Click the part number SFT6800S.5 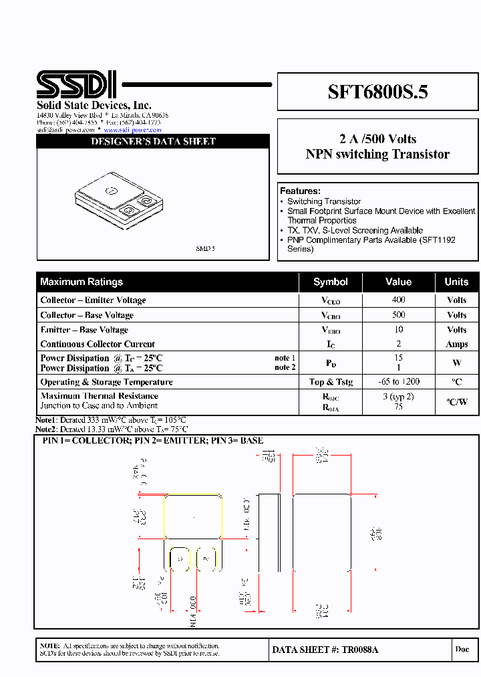click(377, 92)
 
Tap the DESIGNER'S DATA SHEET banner click(153, 141)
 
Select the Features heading click(300, 191)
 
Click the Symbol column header click(331, 282)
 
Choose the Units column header click(457, 282)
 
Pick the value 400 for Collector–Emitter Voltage click(398, 300)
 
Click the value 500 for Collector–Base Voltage click(398, 315)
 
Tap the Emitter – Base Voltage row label click(84, 330)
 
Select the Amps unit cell click(457, 344)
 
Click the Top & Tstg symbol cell click(331, 382)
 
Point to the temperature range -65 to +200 click(398, 382)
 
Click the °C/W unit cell click(457, 401)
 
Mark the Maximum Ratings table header click(82, 282)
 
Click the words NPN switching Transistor click(377, 155)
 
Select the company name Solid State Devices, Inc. click(94, 106)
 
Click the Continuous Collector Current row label click(98, 344)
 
